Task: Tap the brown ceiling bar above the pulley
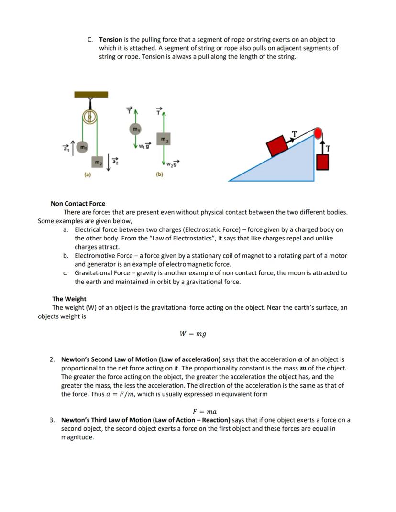pos(91,94)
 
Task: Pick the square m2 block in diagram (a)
pos(98,163)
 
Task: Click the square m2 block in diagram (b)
pos(164,139)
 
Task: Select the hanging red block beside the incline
pos(323,162)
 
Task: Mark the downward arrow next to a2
pos(109,163)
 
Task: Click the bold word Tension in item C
pos(110,40)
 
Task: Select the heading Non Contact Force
pos(78,204)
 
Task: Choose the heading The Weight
pos(69,299)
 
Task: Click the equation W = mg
pos(193,334)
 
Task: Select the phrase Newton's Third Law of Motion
pos(103,420)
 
